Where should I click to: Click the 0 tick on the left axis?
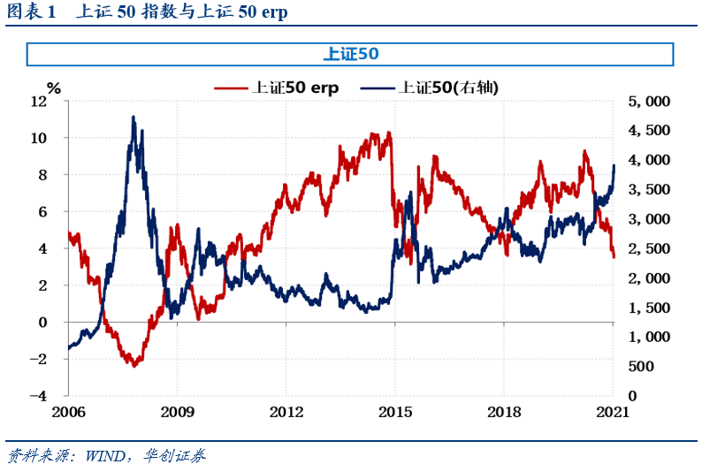(57, 323)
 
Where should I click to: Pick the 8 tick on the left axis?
(57, 175)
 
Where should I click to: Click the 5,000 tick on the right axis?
(649, 102)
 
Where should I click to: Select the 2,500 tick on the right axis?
(649, 249)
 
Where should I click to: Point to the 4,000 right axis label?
(649, 161)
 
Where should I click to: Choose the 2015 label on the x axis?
(394, 413)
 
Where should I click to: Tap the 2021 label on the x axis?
(613, 413)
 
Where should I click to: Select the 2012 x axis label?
(286, 413)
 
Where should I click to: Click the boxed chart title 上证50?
(351, 54)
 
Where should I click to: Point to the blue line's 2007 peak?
(134, 117)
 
